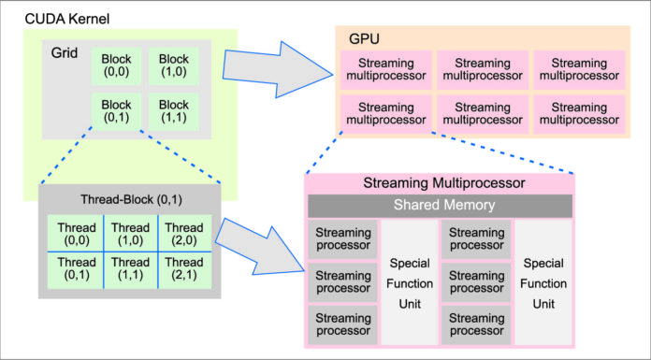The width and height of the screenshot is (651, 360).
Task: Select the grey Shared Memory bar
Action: [x=441, y=206]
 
